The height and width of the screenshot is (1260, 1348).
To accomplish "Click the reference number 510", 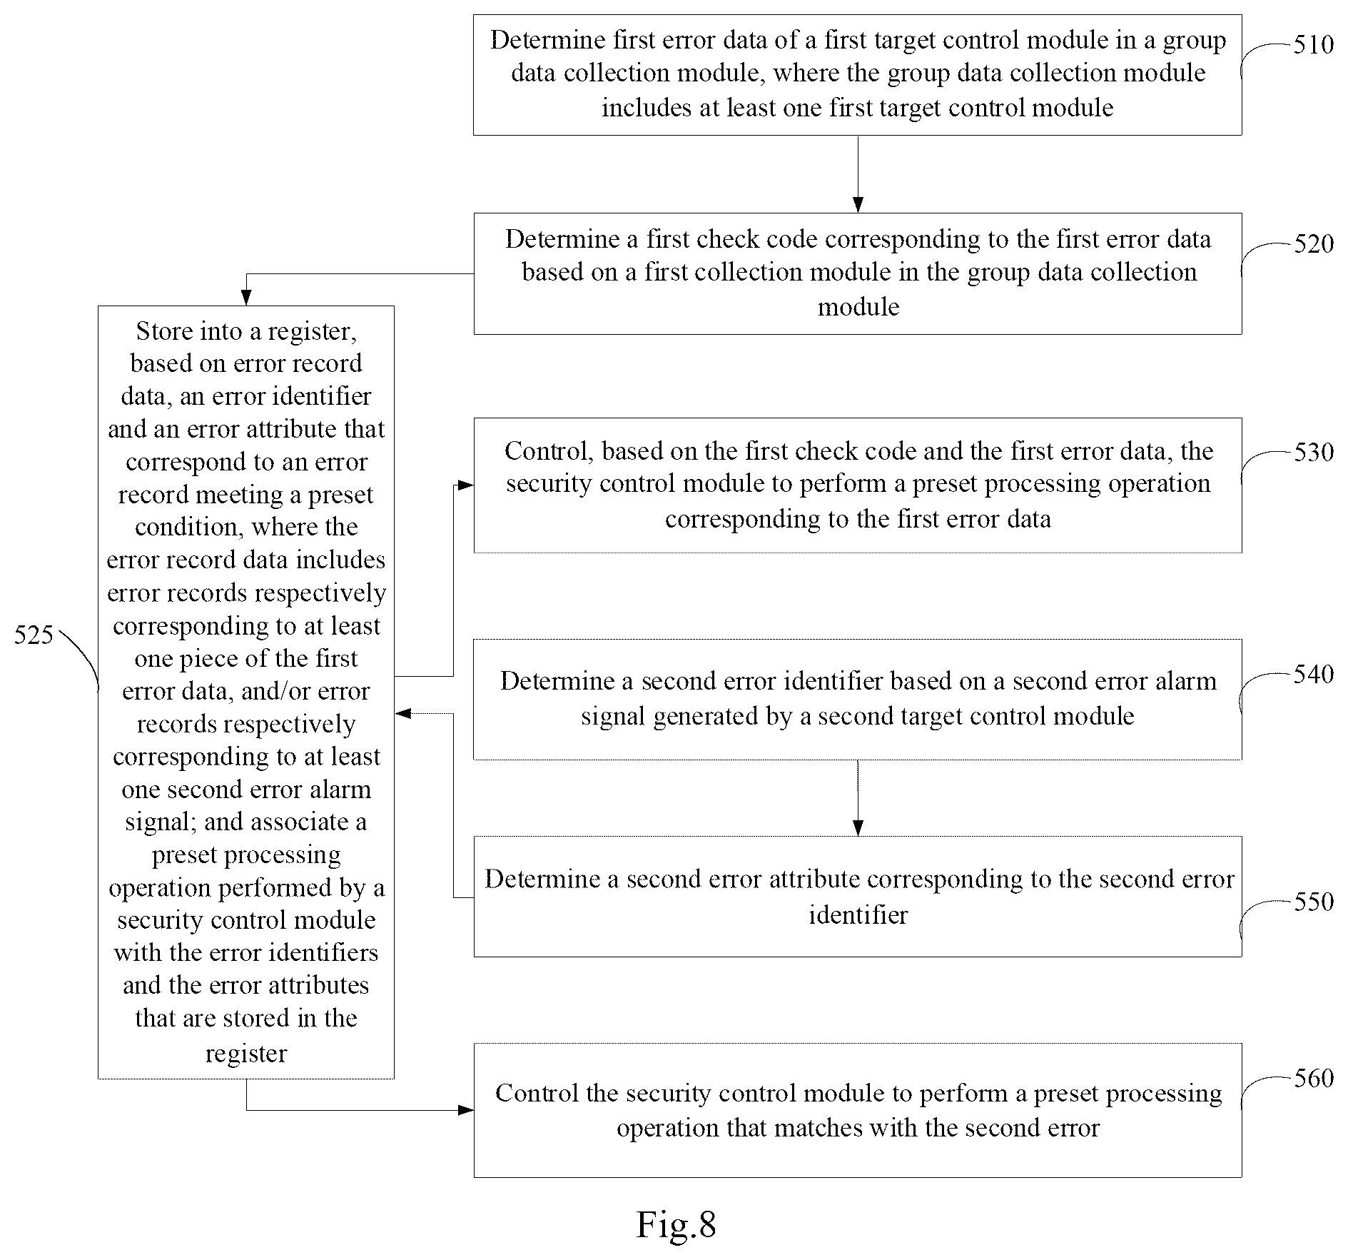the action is coord(1314,45).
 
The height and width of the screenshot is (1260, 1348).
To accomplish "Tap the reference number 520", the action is coord(1314,244).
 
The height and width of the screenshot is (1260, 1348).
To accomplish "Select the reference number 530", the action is coord(1314,453).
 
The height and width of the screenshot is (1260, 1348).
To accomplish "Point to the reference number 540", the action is coord(1314,675).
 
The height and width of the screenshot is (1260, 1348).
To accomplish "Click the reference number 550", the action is coord(1314,902).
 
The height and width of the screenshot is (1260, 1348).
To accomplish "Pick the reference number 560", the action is coord(1314,1078).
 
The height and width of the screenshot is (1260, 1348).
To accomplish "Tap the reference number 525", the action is coord(34,635).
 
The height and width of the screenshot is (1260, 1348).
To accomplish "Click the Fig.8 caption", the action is coord(676,1225).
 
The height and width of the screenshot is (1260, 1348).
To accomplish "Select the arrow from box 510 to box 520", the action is coord(858,174).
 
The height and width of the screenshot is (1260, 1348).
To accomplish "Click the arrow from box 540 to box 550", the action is coord(858,798).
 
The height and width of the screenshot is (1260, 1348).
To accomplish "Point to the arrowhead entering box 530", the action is coord(465,485).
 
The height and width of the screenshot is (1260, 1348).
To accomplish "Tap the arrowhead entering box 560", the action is coord(465,1110).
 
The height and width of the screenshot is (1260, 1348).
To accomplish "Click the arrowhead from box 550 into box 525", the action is coord(403,713).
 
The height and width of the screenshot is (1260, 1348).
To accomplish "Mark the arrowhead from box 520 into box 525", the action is coord(246,298).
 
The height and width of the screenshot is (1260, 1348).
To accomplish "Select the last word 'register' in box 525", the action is coord(246,1054).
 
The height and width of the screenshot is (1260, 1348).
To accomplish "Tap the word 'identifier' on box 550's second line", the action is coord(858,914).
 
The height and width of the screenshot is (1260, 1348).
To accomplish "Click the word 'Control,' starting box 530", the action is coord(549,451).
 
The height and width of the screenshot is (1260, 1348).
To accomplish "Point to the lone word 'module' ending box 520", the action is coord(858,307).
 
